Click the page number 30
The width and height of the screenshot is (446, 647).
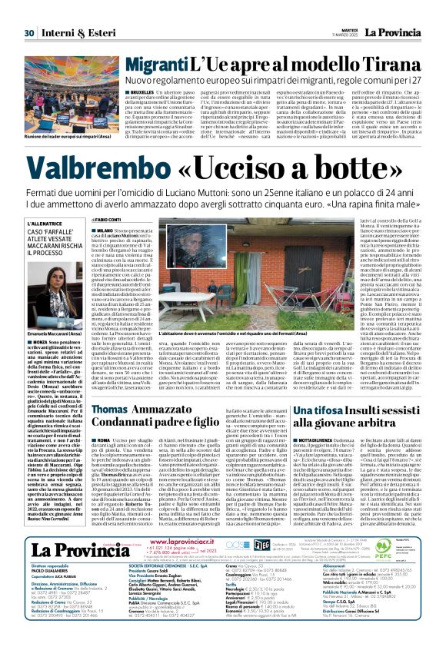point(28,12)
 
